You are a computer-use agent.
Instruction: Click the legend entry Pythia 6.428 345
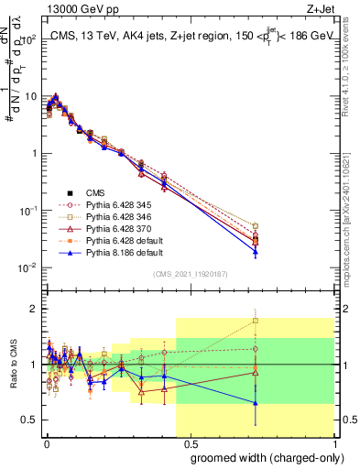(101, 204)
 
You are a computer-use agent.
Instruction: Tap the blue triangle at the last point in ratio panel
(256, 403)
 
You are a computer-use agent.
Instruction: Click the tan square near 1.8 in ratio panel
(256, 321)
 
